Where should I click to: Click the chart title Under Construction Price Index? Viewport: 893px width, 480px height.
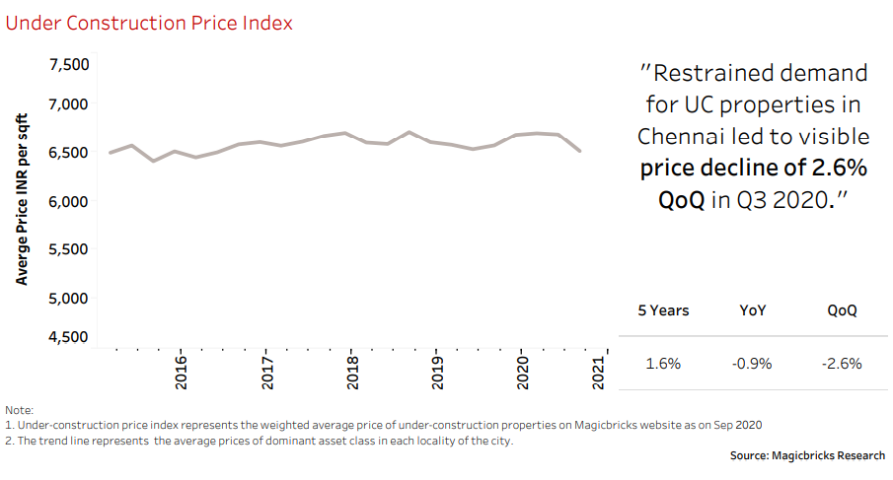tap(149, 23)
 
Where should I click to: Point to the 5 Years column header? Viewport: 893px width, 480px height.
tap(663, 310)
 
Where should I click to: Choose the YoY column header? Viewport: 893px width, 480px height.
tap(753, 310)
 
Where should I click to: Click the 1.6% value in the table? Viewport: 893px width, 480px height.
tap(663, 364)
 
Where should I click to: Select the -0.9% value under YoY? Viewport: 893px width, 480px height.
tap(752, 364)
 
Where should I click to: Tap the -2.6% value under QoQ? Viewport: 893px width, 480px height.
tap(842, 364)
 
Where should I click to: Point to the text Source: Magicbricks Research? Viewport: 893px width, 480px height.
tap(807, 455)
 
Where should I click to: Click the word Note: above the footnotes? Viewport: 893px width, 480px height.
tap(19, 409)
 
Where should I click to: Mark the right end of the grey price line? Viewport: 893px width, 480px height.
tap(579, 151)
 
